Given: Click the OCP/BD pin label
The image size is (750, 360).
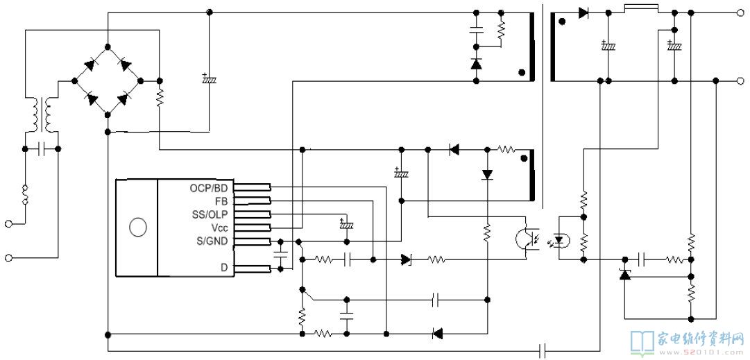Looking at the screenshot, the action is click(x=209, y=188).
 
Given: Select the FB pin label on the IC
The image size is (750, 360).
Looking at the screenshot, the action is click(x=221, y=201).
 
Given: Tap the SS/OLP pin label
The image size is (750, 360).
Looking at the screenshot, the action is click(x=210, y=214).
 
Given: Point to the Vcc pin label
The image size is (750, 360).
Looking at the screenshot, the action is click(x=219, y=227).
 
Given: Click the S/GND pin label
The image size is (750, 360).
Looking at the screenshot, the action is click(x=212, y=241).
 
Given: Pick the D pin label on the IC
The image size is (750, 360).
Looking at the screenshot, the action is click(x=224, y=267).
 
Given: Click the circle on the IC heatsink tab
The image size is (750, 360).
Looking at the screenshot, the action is click(x=138, y=227).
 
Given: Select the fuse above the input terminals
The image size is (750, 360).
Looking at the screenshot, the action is click(x=26, y=195).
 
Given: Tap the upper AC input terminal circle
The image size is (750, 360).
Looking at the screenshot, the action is click(x=8, y=223).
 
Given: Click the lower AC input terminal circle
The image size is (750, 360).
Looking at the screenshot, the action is click(x=8, y=258).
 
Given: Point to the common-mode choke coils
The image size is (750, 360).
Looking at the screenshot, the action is click(x=42, y=114).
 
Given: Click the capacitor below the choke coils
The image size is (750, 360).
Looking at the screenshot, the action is click(x=41, y=149).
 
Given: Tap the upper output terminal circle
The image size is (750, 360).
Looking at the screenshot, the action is click(x=740, y=13).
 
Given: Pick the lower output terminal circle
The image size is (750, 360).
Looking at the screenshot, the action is click(x=740, y=80).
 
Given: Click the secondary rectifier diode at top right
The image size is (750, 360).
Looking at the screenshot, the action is click(x=583, y=13).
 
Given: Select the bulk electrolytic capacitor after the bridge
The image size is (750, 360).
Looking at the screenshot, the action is click(x=209, y=79).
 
